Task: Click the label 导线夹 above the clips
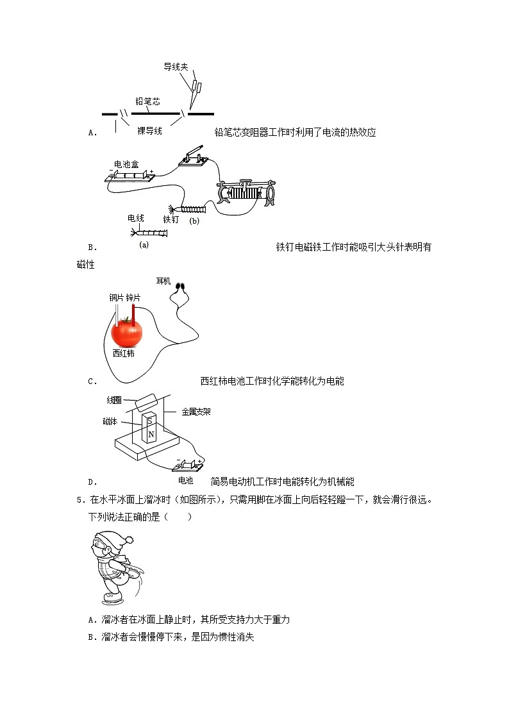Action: (175, 67)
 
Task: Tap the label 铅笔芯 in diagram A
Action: (147, 101)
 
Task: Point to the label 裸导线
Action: (149, 130)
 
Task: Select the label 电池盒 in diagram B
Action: (126, 164)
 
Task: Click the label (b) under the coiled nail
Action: (194, 221)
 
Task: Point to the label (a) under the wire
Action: (144, 244)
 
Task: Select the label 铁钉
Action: (171, 219)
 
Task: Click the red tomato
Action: (127, 333)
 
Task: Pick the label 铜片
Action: (116, 298)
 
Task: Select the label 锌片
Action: (134, 298)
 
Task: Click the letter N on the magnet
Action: (151, 435)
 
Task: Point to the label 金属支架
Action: (196, 412)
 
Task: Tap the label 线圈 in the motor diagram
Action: (114, 400)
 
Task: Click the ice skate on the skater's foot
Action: (113, 599)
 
